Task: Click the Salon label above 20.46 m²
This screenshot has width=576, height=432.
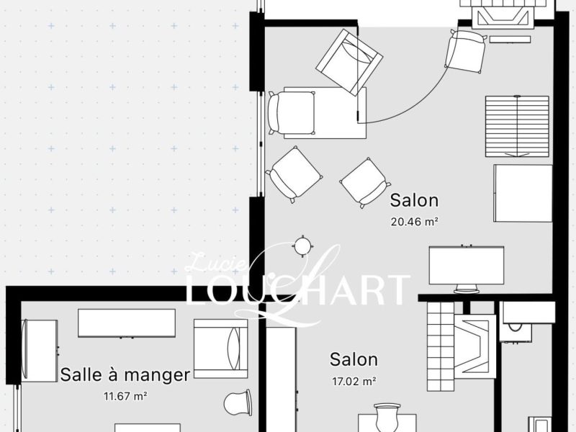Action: pyautogui.click(x=414, y=201)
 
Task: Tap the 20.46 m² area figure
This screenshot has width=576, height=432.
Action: pyautogui.click(x=415, y=222)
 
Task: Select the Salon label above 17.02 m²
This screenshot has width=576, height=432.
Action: pyautogui.click(x=354, y=359)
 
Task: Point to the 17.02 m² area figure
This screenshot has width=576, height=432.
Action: pyautogui.click(x=354, y=382)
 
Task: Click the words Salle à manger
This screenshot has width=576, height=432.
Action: pyautogui.click(x=125, y=375)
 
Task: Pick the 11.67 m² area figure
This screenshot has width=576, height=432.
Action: pyautogui.click(x=125, y=397)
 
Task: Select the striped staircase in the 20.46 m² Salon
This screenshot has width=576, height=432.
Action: pyautogui.click(x=517, y=127)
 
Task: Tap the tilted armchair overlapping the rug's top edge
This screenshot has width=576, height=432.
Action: pyautogui.click(x=349, y=63)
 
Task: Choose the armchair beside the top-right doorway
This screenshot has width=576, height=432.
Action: pyautogui.click(x=466, y=51)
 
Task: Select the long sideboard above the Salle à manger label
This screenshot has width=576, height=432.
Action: pyautogui.click(x=127, y=323)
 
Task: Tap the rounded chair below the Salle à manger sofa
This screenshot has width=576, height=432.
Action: pyautogui.click(x=238, y=403)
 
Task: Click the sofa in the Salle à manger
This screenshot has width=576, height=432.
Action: pyautogui.click(x=221, y=349)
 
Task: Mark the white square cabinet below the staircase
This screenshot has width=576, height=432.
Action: pyautogui.click(x=523, y=193)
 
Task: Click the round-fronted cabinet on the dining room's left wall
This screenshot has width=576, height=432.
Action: pyautogui.click(x=40, y=351)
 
